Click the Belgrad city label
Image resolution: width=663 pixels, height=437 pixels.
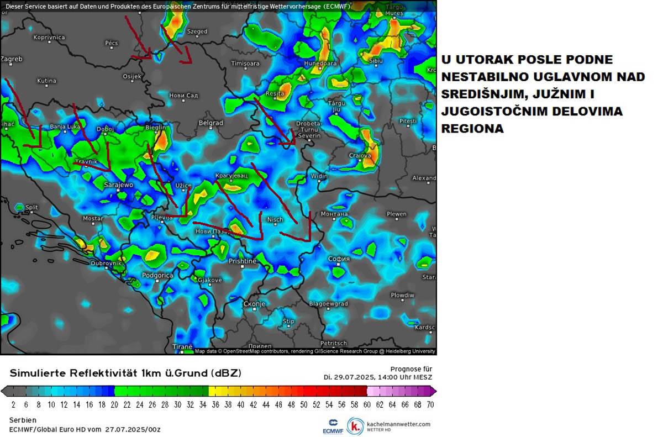click(x=211, y=123)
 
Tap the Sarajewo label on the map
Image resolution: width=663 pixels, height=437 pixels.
click(x=118, y=185)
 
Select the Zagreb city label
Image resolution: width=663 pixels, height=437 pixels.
click(x=12, y=59)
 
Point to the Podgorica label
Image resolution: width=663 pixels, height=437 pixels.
click(x=157, y=275)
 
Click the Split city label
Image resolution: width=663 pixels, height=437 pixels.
click(x=31, y=208)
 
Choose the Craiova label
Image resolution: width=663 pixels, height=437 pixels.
click(x=360, y=156)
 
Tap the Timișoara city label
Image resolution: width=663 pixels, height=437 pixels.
click(x=245, y=64)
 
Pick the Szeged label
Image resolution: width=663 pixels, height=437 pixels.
click(x=197, y=32)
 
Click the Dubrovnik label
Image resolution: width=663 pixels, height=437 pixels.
click(x=106, y=264)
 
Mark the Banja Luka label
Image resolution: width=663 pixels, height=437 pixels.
click(x=65, y=127)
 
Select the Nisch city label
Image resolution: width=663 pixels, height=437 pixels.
click(x=275, y=219)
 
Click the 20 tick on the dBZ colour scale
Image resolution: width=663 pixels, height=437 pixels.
click(x=114, y=404)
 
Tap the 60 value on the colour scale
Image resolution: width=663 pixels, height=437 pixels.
click(x=366, y=404)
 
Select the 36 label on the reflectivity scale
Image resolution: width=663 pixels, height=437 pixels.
click(x=215, y=404)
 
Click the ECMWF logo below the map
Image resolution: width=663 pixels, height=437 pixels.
click(x=333, y=425)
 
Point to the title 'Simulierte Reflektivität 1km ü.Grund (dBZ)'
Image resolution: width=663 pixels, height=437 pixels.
click(x=125, y=373)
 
